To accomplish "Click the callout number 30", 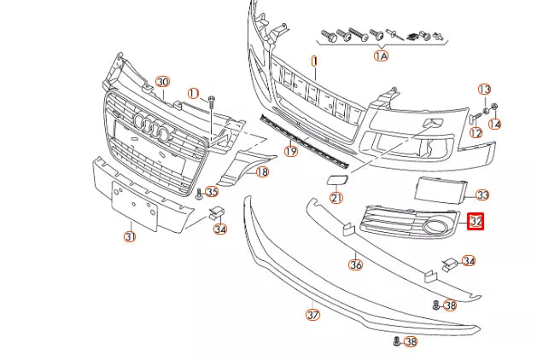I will click(162, 81).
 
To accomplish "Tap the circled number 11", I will click(193, 93).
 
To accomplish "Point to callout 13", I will click(484, 89).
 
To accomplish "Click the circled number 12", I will click(476, 132).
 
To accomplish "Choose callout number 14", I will click(495, 125).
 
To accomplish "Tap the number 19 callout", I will click(290, 152).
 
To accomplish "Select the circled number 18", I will click(261, 171).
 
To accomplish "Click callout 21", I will click(336, 198).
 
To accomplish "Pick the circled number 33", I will click(482, 195).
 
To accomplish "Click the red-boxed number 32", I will click(476, 222).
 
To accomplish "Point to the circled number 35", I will click(212, 192).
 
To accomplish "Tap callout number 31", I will click(129, 236).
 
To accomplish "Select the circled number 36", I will click(355, 264).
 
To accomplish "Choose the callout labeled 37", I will click(312, 314).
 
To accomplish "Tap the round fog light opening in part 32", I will click(436, 227).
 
